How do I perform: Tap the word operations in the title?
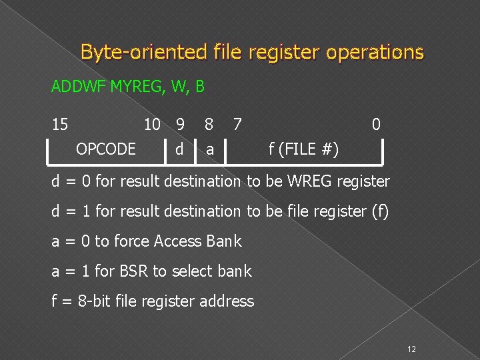375,52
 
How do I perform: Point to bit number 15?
60,124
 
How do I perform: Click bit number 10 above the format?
152,124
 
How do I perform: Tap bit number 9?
179,124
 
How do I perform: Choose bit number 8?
209,124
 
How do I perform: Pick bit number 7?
237,124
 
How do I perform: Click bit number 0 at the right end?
376,124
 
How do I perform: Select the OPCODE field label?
106,149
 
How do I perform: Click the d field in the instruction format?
179,149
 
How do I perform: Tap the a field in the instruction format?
210,149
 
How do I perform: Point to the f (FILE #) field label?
303,149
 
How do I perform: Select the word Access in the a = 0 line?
179,241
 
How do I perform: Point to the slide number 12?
411,349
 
